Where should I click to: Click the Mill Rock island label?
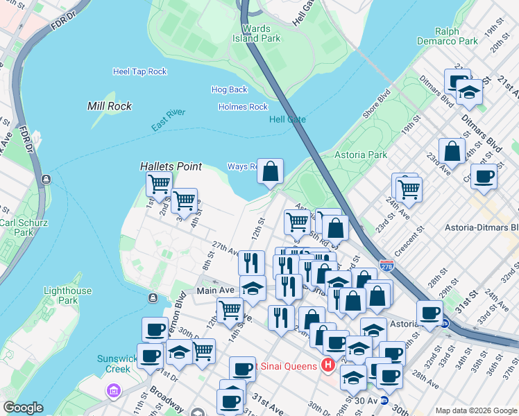click(x=110, y=106)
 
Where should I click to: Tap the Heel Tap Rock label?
click(x=140, y=71)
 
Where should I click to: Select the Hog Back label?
click(x=229, y=89)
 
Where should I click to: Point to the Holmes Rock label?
click(x=243, y=107)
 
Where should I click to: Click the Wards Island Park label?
click(x=256, y=34)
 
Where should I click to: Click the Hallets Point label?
click(x=171, y=166)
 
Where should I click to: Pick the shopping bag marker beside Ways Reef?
click(x=271, y=170)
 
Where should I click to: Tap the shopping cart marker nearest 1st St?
click(x=159, y=184)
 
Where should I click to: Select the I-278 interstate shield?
click(x=386, y=265)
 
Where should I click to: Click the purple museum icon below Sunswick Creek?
click(x=113, y=392)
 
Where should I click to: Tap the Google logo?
click(x=23, y=408)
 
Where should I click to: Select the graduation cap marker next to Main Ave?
click(x=253, y=288)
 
